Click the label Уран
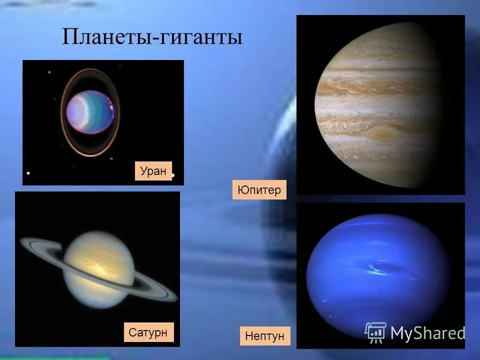(x=153, y=171)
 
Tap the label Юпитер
(x=259, y=190)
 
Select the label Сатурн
(x=148, y=332)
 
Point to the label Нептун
(x=264, y=336)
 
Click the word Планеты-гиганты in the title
(x=152, y=38)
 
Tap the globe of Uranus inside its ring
(x=89, y=112)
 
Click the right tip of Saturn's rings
(x=176, y=298)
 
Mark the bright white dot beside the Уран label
(x=173, y=176)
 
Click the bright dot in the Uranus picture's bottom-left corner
(x=28, y=173)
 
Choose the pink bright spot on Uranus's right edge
(x=112, y=109)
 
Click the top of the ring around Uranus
(x=90, y=70)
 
